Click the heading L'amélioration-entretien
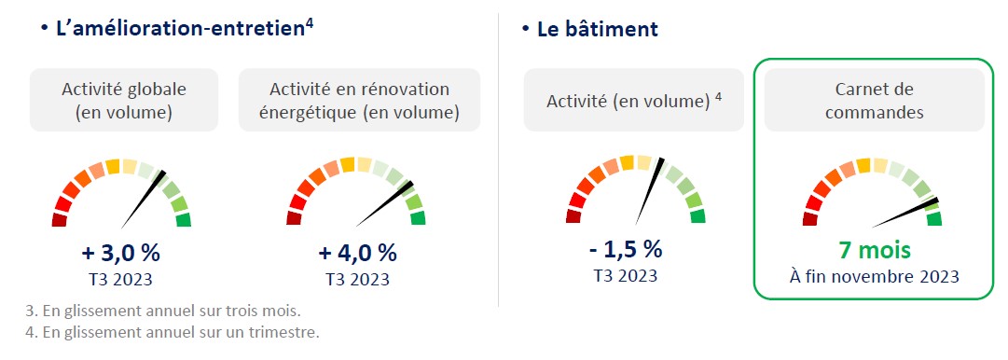(x=180, y=30)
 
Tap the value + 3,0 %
(x=121, y=253)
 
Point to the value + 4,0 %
(x=357, y=253)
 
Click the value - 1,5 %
(x=626, y=249)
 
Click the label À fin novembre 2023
(x=875, y=277)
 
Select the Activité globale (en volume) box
(x=124, y=101)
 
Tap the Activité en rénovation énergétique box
(x=359, y=101)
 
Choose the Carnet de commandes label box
(x=875, y=101)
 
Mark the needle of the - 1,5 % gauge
(x=649, y=191)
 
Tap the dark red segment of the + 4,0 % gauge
(x=294, y=219)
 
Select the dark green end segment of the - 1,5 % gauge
(x=697, y=216)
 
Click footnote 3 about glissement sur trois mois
(x=162, y=312)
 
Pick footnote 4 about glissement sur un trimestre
(x=172, y=333)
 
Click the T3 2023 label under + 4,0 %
(x=357, y=280)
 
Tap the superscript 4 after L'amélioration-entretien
(x=310, y=26)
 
